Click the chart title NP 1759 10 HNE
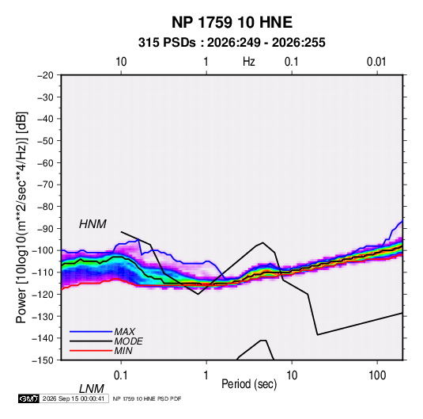coord(232,22)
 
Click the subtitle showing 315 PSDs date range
coord(232,43)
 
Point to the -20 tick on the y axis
coord(45,75)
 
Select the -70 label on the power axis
coord(45,185)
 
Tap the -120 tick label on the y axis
coord(43,294)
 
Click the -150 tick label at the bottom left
coord(43,360)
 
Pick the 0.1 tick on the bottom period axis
coord(121,375)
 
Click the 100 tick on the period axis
coord(377,375)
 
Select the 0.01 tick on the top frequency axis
coord(376,62)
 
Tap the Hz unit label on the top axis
coord(249,62)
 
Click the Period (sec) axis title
coord(249,384)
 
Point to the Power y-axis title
coord(21,217)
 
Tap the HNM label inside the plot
coord(93,224)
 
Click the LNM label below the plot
coord(91,389)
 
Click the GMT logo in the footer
coord(28,398)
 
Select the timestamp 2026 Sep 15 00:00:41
coord(74,398)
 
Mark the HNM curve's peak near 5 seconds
coord(262,242)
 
